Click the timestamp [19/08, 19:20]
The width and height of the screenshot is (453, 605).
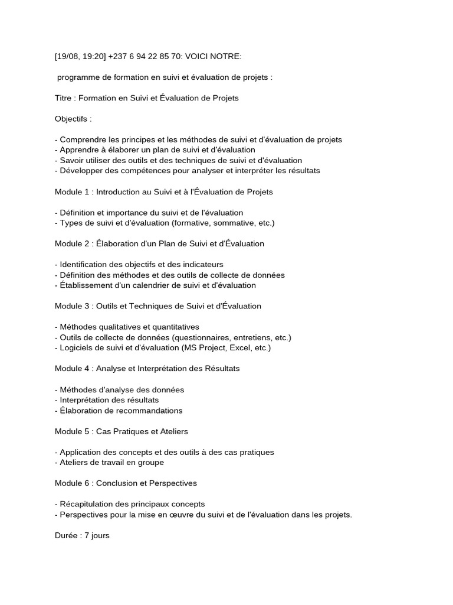click(80, 56)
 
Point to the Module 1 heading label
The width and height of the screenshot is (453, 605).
click(73, 192)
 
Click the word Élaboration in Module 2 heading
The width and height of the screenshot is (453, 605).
click(117, 243)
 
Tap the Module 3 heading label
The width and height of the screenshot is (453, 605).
click(73, 306)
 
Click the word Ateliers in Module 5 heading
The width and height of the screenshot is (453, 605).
click(169, 431)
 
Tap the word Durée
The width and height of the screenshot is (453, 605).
click(65, 536)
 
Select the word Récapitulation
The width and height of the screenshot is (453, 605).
click(85, 504)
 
